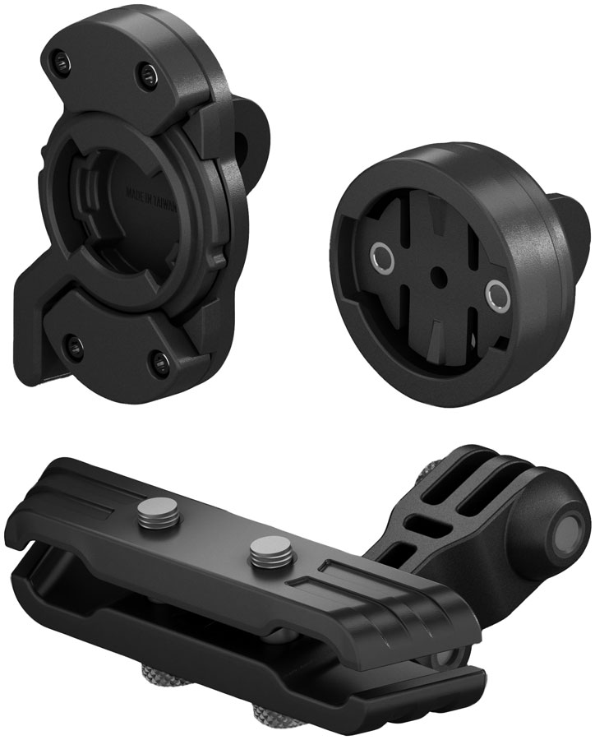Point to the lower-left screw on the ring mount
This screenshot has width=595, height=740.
[76, 339]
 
